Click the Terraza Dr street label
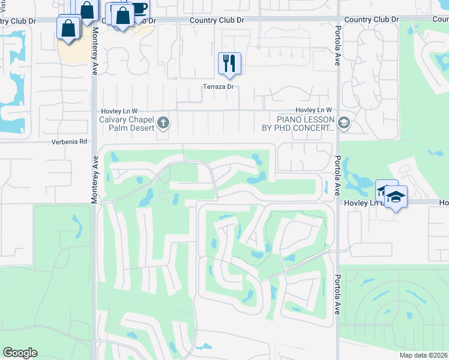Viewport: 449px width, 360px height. pos(218,87)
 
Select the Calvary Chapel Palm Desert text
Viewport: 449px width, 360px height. pos(127,124)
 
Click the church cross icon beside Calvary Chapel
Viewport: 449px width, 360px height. pos(163,124)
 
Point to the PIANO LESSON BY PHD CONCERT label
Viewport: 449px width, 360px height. pos(297,124)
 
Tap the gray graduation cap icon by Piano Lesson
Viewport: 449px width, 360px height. pos(344,124)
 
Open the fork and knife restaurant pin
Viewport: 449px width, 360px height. pos(229,62)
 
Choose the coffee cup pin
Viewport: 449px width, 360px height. pos(138,10)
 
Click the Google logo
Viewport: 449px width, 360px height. pos(20,353)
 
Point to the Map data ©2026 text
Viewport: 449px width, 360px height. pos(423,355)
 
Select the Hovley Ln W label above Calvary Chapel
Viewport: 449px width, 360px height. pos(119,111)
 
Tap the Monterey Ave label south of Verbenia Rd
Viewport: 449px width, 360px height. pos(94,180)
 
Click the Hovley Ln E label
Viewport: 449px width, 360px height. pos(360,203)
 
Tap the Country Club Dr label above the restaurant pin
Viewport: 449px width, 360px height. pos(217,20)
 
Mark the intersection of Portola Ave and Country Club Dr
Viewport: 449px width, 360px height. pos(338,19)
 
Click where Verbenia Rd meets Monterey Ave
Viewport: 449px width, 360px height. pos(94,142)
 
